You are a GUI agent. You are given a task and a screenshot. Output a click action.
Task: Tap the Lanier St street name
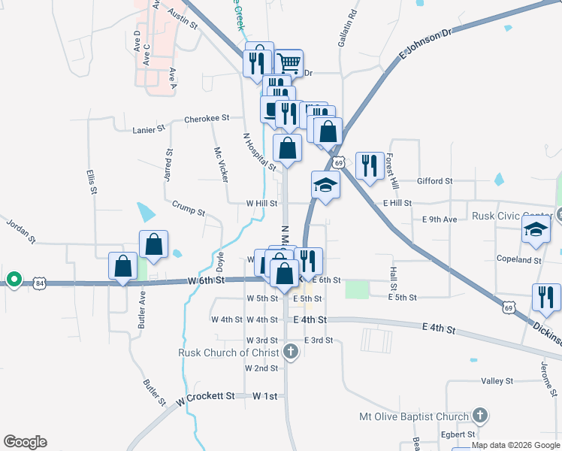tap(149, 129)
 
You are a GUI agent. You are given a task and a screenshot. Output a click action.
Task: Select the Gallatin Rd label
tap(352, 26)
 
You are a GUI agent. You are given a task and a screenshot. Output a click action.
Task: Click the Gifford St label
tap(435, 181)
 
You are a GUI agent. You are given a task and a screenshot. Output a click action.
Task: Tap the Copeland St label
tap(518, 260)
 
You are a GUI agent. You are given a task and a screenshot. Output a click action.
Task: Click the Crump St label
tap(188, 207)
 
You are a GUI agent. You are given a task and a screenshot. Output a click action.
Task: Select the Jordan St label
tap(21, 231)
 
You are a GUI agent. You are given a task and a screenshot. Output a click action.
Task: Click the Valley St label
tap(497, 381)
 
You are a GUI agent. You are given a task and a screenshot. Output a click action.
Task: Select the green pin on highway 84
tap(14, 280)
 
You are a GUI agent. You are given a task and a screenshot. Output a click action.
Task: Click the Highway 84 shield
tap(40, 283)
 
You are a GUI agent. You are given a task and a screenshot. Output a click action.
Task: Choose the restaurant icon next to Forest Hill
tap(369, 165)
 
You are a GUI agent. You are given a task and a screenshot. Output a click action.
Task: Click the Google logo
tap(25, 443)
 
